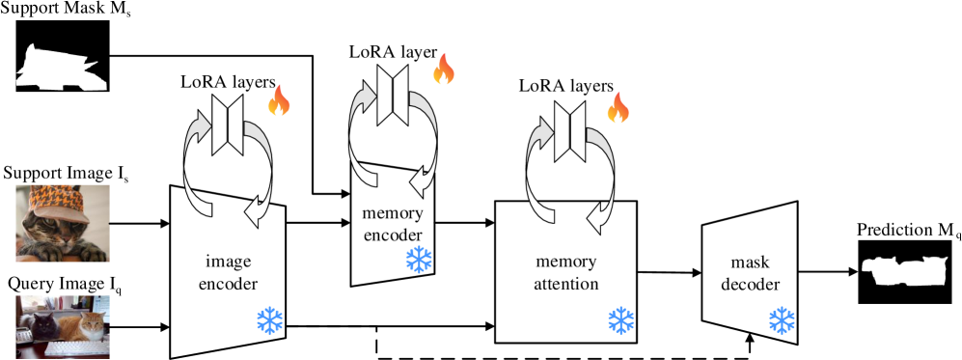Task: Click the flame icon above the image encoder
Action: pos(278,101)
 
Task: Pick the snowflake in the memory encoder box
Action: pos(419,259)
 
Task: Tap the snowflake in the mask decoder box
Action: pos(781,320)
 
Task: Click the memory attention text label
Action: pos(566,273)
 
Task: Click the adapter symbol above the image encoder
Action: pos(229,125)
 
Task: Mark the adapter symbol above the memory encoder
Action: pos(394,94)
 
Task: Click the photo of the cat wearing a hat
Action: pos(63,223)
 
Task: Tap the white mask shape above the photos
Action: pos(60,70)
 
